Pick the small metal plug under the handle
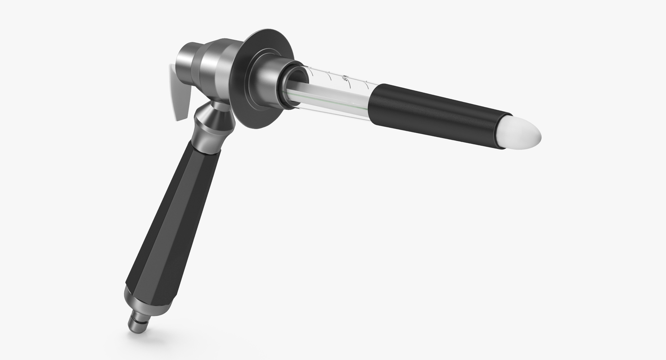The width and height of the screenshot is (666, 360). coord(138,322)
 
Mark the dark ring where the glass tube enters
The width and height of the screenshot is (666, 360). coord(292,85)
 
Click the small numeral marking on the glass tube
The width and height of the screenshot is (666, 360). coord(346,80)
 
